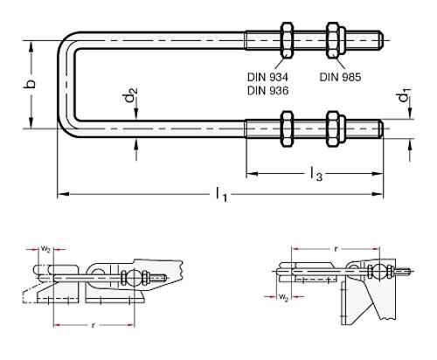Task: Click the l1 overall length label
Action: coord(222,196)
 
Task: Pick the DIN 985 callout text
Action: coord(339,77)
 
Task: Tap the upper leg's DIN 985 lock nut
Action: coord(333,39)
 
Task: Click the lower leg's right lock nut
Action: coord(333,128)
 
